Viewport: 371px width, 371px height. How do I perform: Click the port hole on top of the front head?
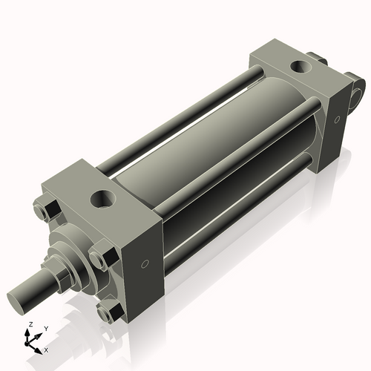tap(99, 200)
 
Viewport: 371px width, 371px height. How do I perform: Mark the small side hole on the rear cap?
tap(338, 117)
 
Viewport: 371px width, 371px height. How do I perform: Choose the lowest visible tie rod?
tap(237, 223)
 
